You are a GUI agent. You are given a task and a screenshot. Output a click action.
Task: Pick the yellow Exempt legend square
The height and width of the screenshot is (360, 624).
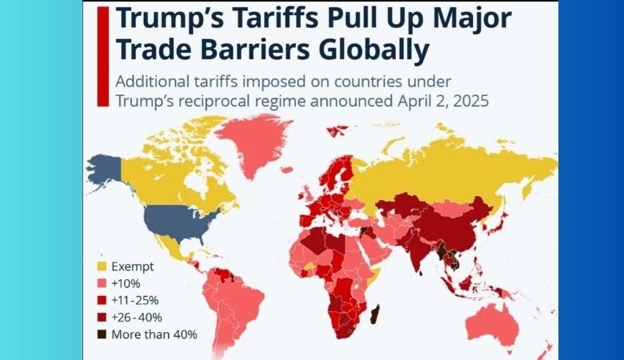click(101, 266)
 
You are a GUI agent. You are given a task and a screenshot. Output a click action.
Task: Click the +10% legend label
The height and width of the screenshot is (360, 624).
click(125, 283)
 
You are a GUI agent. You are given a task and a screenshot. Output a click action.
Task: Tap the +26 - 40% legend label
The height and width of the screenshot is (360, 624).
click(137, 317)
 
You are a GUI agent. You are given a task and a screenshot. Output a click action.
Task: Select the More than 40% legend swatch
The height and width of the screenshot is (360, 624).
click(101, 334)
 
